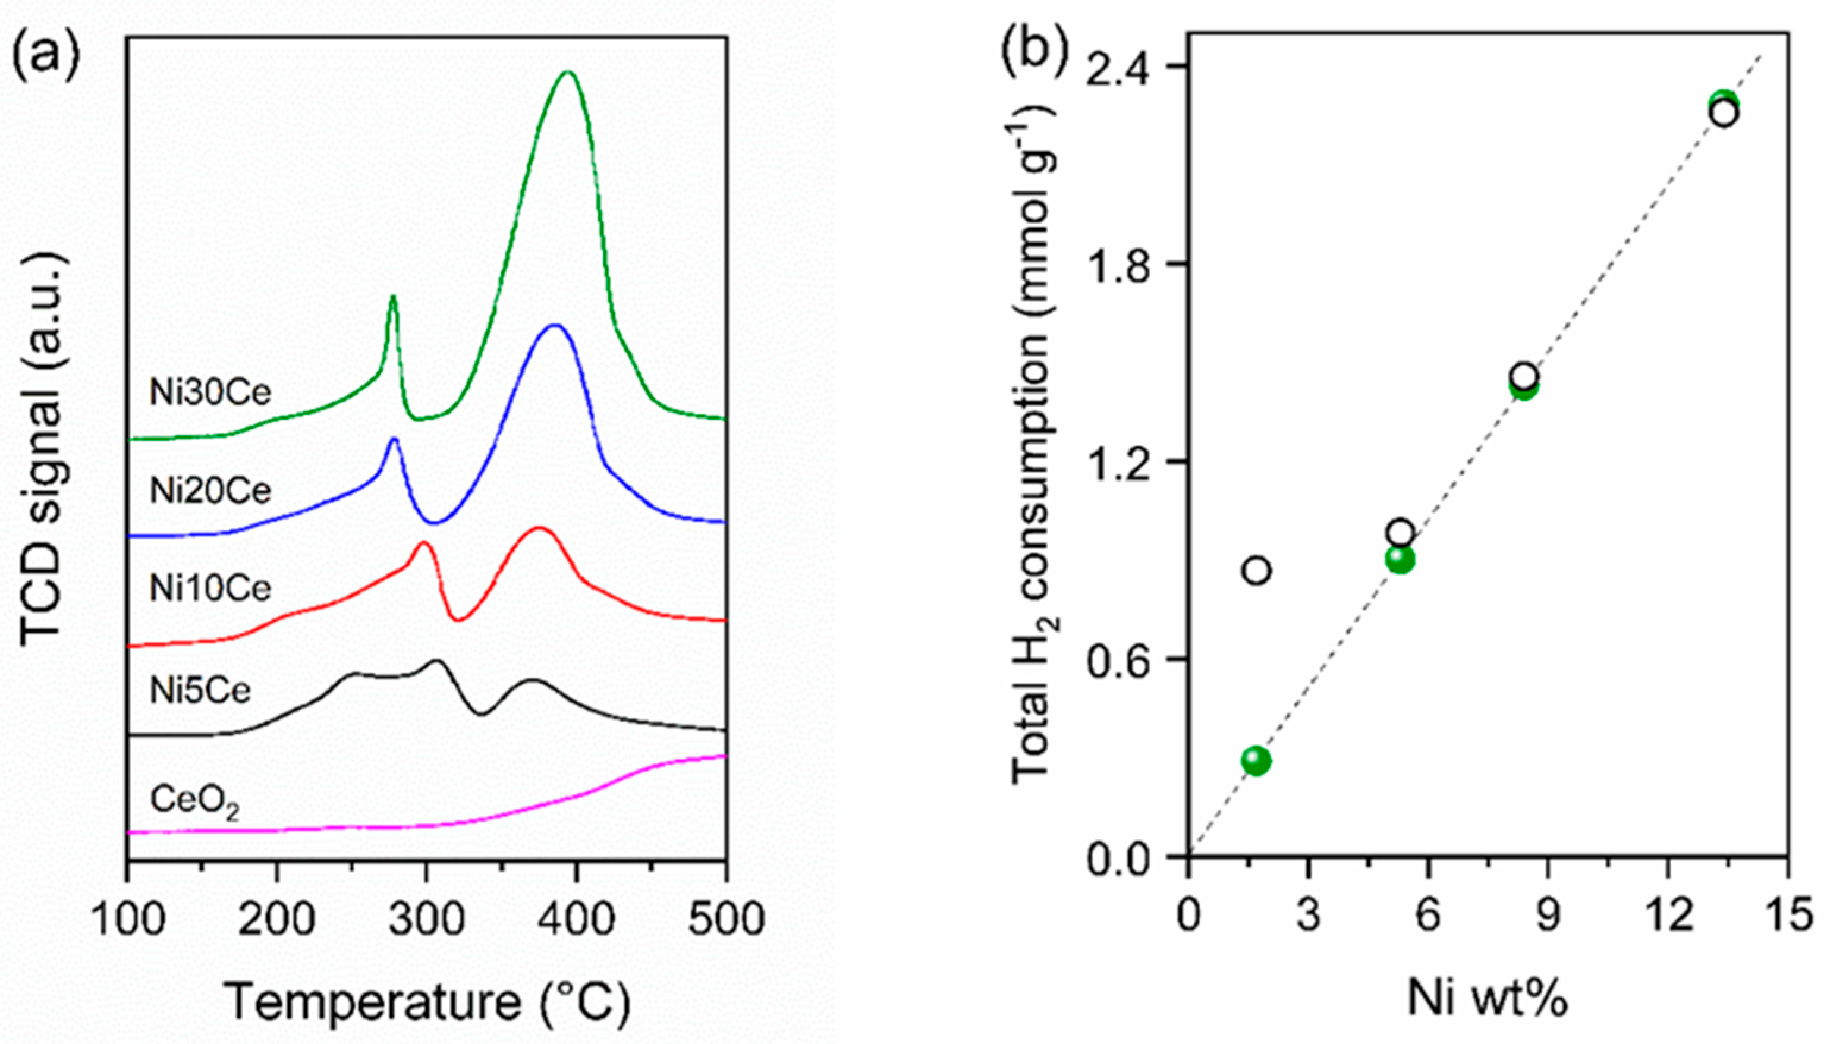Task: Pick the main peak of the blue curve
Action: coord(555,326)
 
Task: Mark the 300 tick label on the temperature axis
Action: coord(427,919)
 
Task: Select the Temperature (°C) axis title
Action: coord(427,1002)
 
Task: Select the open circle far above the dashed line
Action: coord(1256,571)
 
